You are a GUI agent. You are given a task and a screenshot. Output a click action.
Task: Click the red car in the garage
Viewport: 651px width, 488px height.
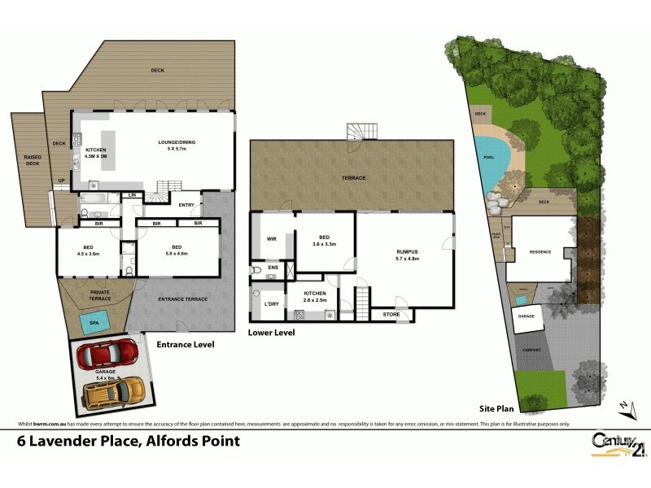108,355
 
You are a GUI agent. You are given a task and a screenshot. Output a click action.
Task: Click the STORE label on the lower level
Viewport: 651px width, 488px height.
391,314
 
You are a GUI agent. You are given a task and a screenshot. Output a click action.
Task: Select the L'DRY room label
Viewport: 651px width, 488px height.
273,303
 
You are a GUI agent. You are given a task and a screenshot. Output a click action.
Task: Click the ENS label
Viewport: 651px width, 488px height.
273,267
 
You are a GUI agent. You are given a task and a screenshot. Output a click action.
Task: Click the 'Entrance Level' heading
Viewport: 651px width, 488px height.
186,345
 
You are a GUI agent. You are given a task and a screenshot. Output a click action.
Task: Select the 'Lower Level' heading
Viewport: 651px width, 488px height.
272,333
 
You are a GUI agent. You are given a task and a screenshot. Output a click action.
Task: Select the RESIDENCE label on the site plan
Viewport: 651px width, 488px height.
540,251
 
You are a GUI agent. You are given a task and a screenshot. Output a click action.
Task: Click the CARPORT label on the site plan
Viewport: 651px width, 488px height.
531,349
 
